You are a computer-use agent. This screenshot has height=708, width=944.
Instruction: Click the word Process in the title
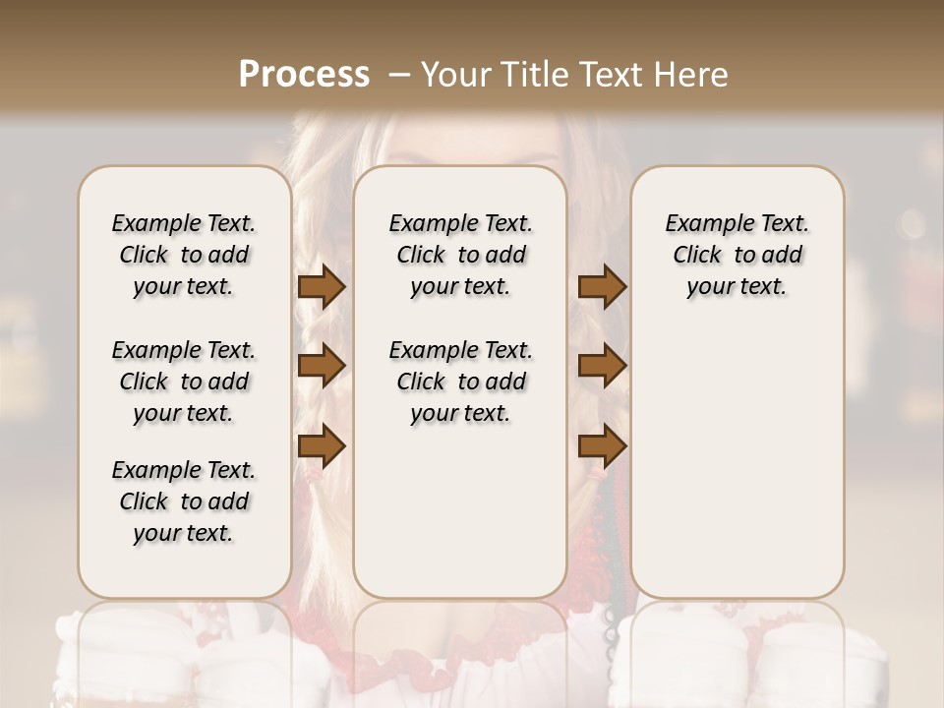tap(304, 75)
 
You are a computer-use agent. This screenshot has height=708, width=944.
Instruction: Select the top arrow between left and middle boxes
tap(322, 287)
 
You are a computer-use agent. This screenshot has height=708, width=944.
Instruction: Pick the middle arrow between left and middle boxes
tap(322, 366)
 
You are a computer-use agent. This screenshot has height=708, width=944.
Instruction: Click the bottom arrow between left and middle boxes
tap(322, 445)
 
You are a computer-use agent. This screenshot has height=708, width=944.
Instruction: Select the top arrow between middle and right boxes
tap(602, 287)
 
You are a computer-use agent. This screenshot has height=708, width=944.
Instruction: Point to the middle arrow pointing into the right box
tap(602, 366)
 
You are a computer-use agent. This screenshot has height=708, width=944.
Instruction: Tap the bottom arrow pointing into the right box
tap(602, 445)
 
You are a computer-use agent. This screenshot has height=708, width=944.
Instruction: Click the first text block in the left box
tap(184, 255)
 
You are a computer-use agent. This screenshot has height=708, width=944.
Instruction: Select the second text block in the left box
tap(184, 382)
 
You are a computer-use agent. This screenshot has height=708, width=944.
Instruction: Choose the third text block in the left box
tap(184, 501)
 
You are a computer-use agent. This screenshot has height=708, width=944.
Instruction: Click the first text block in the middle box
tap(461, 255)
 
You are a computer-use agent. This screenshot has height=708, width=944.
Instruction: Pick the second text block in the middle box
tap(461, 382)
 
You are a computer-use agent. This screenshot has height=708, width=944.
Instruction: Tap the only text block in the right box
tap(737, 255)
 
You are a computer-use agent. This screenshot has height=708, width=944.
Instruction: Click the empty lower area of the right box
tap(737, 452)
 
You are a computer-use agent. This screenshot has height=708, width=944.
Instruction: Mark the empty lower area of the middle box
tap(461, 511)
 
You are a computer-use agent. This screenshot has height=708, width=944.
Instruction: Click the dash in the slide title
tap(398, 75)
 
